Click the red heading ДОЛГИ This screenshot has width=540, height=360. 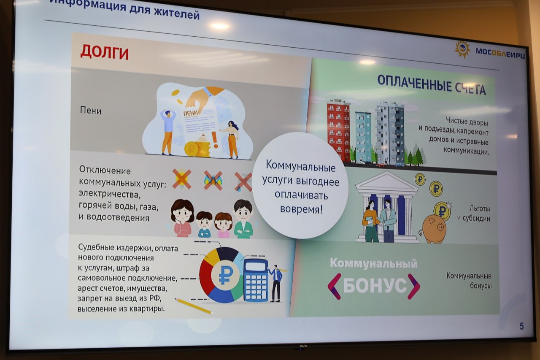pyautogui.click(x=104, y=52)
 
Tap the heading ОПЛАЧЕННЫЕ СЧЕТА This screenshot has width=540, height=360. pyautogui.click(x=431, y=85)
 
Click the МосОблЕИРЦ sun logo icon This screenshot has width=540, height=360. pyautogui.click(x=462, y=49)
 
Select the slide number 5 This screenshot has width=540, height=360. pyautogui.click(x=521, y=326)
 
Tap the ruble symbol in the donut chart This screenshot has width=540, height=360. pyautogui.click(x=224, y=276)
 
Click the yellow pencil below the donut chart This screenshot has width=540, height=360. pyautogui.click(x=193, y=306)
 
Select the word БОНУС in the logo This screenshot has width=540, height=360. pyautogui.click(x=374, y=285)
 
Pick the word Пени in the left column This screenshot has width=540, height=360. pyautogui.click(x=91, y=111)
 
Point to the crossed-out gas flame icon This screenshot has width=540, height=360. pyautogui.click(x=213, y=179)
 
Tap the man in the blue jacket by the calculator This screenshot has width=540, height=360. pyautogui.click(x=276, y=282)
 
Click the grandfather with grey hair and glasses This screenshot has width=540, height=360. pyautogui.click(x=243, y=219)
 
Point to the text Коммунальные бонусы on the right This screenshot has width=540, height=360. pyautogui.click(x=469, y=281)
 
